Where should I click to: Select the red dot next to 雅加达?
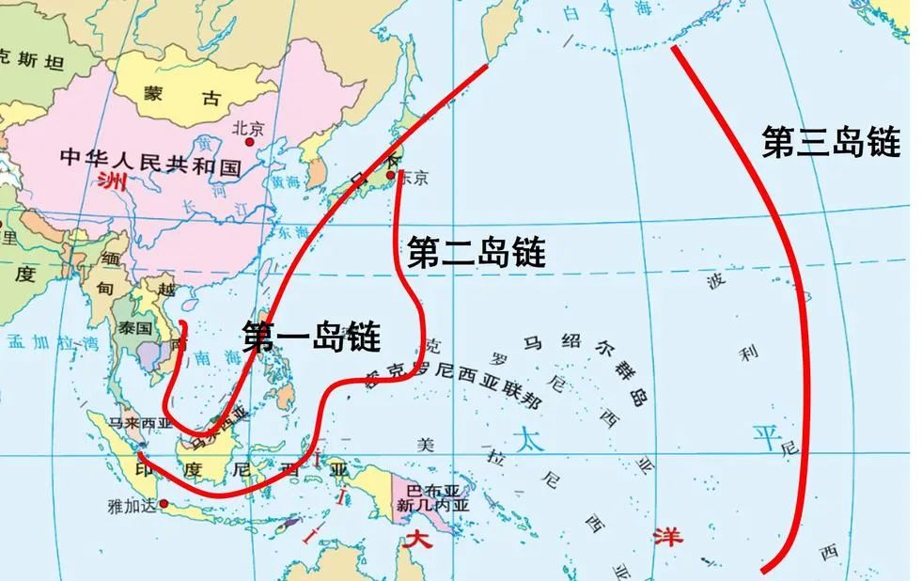click(164, 503)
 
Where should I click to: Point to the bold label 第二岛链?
click(476, 252)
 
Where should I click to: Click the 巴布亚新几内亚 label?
click(432, 497)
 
